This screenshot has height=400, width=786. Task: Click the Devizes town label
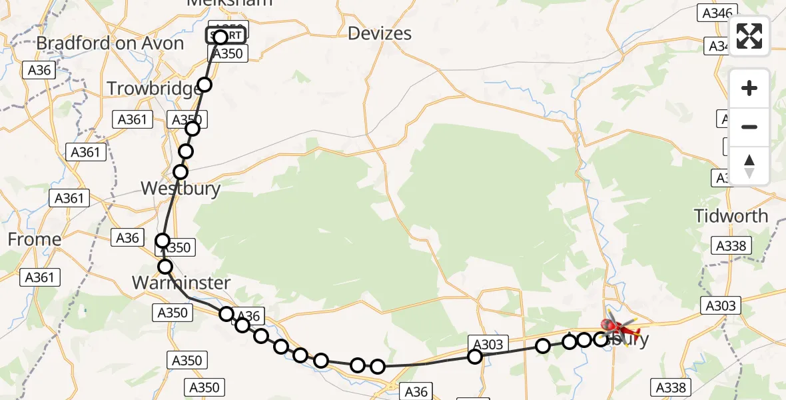[380, 33]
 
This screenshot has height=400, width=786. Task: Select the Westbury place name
[180, 189]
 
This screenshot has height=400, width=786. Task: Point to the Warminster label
[181, 283]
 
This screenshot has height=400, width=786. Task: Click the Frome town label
[34, 239]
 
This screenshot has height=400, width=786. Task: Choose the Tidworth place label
[731, 217]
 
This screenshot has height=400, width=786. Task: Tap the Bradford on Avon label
[110, 43]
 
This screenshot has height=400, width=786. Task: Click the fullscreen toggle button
[749, 36]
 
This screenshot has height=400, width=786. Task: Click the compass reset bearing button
[749, 165]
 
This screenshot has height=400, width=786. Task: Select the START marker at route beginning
[224, 35]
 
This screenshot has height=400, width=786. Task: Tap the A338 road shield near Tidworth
[731, 246]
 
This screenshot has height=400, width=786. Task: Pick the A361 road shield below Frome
[41, 277]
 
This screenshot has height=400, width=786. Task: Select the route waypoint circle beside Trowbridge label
[204, 85]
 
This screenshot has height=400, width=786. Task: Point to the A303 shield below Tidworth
[720, 305]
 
